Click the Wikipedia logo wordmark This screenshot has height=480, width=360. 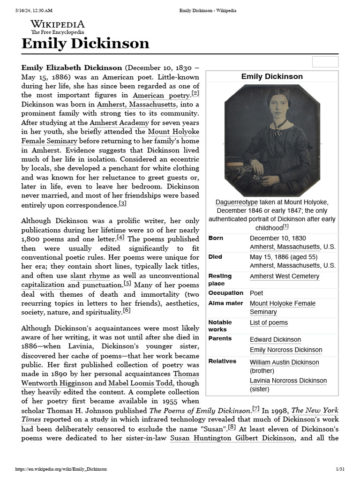(x=58, y=24)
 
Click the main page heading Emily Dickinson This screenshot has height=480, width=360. (x=85, y=44)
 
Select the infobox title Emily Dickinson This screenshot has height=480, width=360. (x=272, y=76)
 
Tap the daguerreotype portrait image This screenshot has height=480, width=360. (x=272, y=141)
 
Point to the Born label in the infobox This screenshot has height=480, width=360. (x=216, y=238)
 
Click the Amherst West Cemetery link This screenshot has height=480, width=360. (x=285, y=276)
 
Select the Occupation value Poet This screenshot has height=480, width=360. (x=256, y=293)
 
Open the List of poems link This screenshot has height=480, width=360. (x=269, y=322)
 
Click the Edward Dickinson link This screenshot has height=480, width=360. (x=275, y=339)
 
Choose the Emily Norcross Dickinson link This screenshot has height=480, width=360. (x=286, y=350)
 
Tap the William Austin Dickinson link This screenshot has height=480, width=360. (x=284, y=362)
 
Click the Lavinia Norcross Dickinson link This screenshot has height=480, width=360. (x=288, y=381)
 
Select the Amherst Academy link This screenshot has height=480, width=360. (x=119, y=123)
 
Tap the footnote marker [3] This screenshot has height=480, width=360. (x=122, y=203)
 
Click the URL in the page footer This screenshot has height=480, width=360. (x=61, y=469)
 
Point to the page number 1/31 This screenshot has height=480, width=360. (x=340, y=469)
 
